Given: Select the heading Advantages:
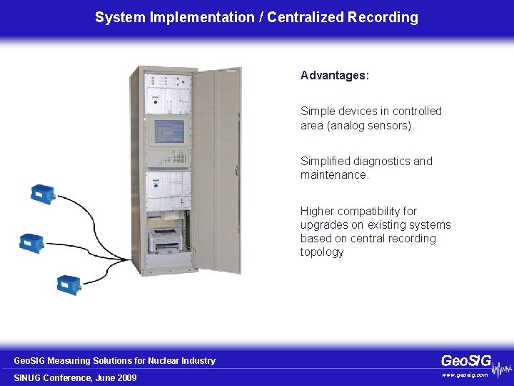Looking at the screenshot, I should (x=335, y=75).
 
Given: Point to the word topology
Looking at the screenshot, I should (x=322, y=252).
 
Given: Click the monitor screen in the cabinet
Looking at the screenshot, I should (x=168, y=131).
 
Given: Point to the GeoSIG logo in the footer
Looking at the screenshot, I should (x=466, y=361).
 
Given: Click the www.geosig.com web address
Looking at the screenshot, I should (x=465, y=375).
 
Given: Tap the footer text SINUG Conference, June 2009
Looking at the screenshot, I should (x=76, y=377).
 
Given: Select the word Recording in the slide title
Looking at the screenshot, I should (x=383, y=17).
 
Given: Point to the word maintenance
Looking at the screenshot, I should (x=334, y=174).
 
